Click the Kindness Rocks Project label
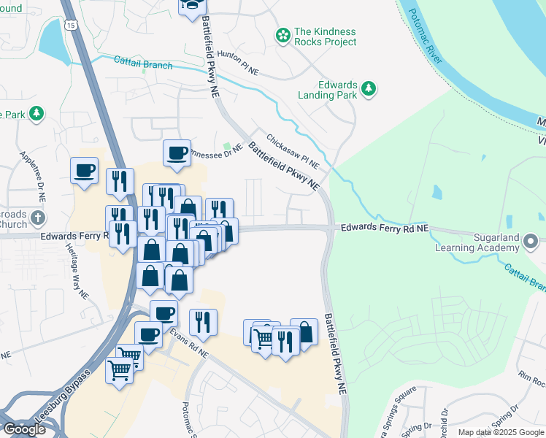(x=325, y=36)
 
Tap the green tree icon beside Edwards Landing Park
(x=369, y=89)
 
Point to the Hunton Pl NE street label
(x=238, y=64)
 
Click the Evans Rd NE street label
(x=189, y=343)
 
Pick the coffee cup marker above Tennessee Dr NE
(x=177, y=153)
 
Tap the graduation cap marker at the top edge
(x=192, y=5)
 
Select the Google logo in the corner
(x=24, y=429)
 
